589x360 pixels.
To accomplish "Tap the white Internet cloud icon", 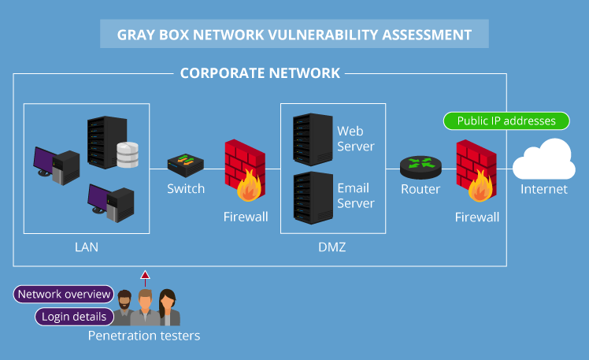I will [x=544, y=160].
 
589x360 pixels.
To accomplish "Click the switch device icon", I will [x=186, y=165].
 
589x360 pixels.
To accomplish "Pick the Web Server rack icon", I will [x=310, y=139].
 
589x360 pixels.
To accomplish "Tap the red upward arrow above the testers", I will [x=144, y=276].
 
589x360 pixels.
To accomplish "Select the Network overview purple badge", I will [x=65, y=295].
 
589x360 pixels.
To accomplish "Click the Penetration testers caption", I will [x=144, y=336].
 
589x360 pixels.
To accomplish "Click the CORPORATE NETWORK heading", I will [x=260, y=73].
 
